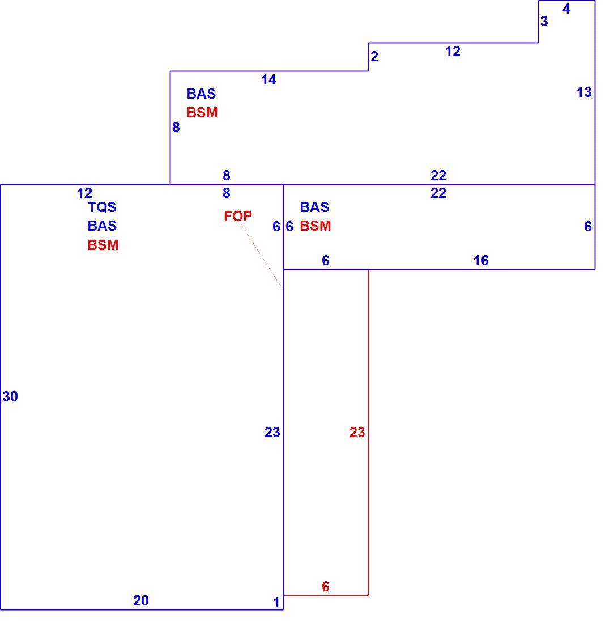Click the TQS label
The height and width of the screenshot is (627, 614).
(x=102, y=207)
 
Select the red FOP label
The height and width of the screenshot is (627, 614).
(x=238, y=217)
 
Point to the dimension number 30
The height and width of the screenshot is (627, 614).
(x=10, y=396)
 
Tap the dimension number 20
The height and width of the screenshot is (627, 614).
(x=140, y=600)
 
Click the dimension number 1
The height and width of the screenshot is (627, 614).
(x=276, y=602)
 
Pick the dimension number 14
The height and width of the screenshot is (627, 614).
(x=268, y=80)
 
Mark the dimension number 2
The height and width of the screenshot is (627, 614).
(x=374, y=56)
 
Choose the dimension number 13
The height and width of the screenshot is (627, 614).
(x=583, y=92)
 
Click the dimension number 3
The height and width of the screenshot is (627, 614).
(x=544, y=21)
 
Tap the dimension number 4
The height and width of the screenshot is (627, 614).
(x=566, y=9)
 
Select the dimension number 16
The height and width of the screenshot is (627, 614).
(x=481, y=261)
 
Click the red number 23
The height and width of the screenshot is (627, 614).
(x=357, y=432)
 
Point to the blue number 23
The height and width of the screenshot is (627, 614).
(x=272, y=432)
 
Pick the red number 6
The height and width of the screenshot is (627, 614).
(x=326, y=586)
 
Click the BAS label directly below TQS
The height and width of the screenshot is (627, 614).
(x=102, y=226)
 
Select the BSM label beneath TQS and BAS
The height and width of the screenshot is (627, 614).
(x=103, y=245)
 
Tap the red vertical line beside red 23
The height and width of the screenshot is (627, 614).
(x=368, y=432)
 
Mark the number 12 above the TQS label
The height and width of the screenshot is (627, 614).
(x=84, y=193)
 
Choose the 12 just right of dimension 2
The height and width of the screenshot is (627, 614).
(x=453, y=52)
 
